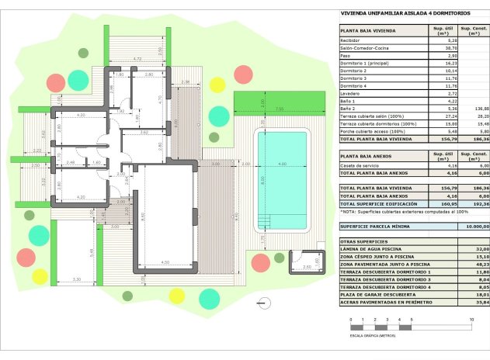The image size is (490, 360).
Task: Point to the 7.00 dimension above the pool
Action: [x=278, y=109]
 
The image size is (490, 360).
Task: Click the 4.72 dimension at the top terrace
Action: [x=137, y=59]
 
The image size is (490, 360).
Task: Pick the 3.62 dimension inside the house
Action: [x=144, y=132]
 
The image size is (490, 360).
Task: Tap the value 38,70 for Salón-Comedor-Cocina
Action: [x=440, y=48]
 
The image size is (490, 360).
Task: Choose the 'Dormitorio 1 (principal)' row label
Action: [x=367, y=63]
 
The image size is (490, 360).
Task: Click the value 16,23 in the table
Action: [x=440, y=63]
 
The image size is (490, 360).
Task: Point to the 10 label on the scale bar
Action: [x=471, y=320]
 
